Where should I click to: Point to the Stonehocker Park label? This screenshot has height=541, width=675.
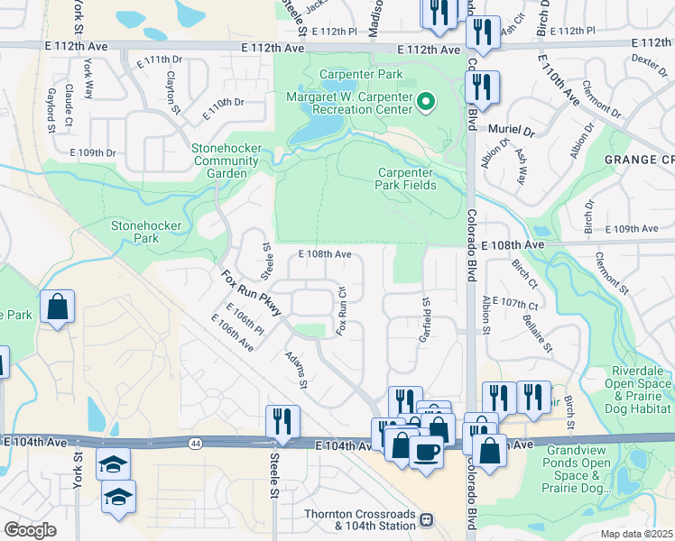tap(146, 232)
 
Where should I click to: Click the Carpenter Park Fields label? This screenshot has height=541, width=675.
tap(406, 179)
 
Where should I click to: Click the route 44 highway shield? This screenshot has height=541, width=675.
tap(195, 443)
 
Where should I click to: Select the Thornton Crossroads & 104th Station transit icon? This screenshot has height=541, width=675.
tap(427, 520)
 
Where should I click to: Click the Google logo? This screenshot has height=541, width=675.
tap(30, 530)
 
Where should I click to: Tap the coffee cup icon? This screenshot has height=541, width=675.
tap(426, 451)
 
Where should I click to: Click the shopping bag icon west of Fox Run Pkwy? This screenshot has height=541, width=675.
tap(57, 307)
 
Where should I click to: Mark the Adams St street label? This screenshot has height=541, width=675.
tap(296, 371)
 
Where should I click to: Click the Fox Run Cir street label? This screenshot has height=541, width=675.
tap(342, 312)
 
